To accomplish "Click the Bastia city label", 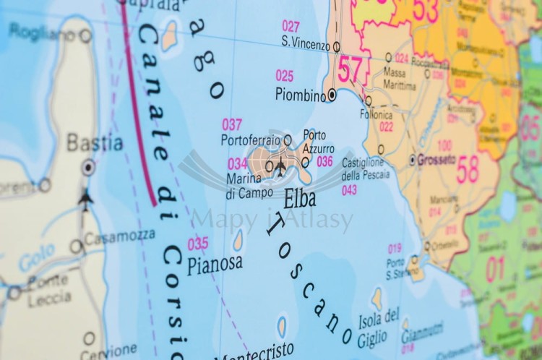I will tap(95, 142).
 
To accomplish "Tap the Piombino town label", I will tap(300, 94).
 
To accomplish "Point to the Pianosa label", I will tap(215, 265).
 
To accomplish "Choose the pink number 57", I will tap(350, 71).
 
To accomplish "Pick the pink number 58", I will tap(468, 168).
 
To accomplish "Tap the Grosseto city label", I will tap(437, 159).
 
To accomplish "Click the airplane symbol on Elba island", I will tap(280, 166).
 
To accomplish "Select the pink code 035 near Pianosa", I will tap(198, 244).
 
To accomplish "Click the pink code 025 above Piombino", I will tap(284, 75).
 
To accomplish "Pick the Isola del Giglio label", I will tap(379, 324).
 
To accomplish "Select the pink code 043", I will tap(349, 190).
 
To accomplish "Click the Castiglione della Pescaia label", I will tap(365, 168).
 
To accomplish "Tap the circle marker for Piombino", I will tap(332, 94).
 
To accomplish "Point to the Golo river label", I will tap(33, 262).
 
